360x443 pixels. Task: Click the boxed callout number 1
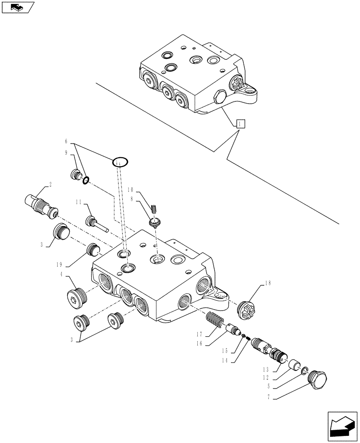[239, 124]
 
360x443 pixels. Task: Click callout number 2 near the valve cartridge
[51, 185]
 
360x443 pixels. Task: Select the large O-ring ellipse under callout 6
[120, 162]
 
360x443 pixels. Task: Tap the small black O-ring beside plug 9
[86, 180]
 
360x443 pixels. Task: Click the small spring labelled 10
[155, 207]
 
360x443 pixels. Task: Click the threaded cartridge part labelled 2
[41, 202]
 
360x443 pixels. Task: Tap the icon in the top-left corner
[18, 7]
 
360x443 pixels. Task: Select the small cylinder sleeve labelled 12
[293, 366]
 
